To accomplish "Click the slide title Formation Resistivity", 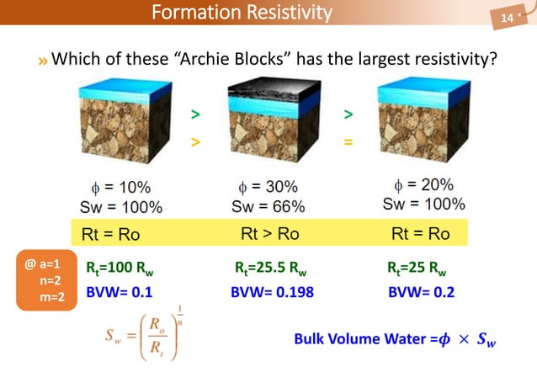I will point(242,13).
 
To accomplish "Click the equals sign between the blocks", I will point(348,142).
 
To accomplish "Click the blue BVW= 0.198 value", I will point(272,292).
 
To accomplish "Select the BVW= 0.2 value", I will point(422,292).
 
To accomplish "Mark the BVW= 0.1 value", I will point(120,292).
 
